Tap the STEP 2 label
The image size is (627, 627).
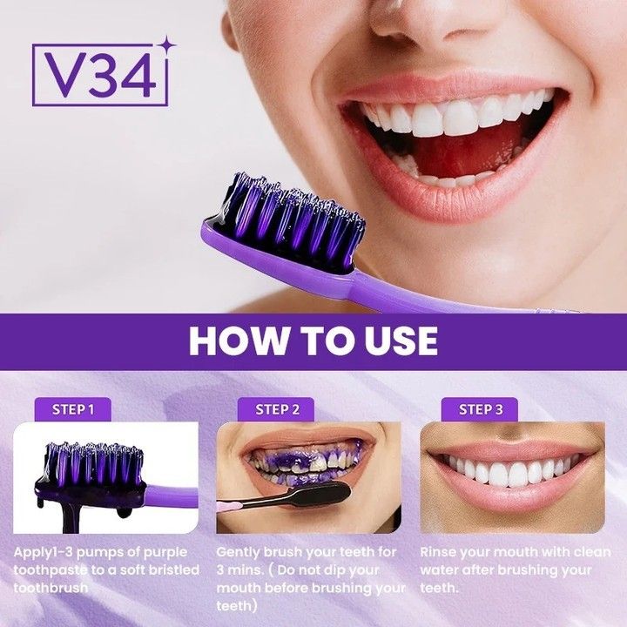(x=278, y=408)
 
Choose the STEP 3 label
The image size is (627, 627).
(x=481, y=408)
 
